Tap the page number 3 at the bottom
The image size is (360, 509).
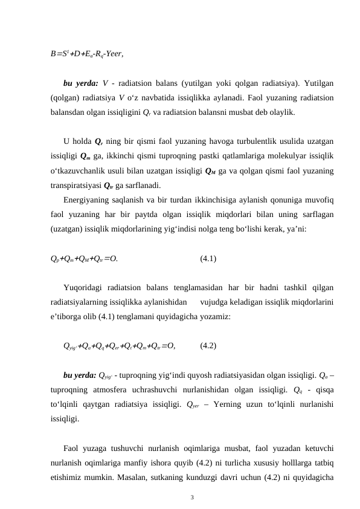pos(192,498)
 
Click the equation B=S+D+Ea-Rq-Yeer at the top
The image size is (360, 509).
pos(88,53)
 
